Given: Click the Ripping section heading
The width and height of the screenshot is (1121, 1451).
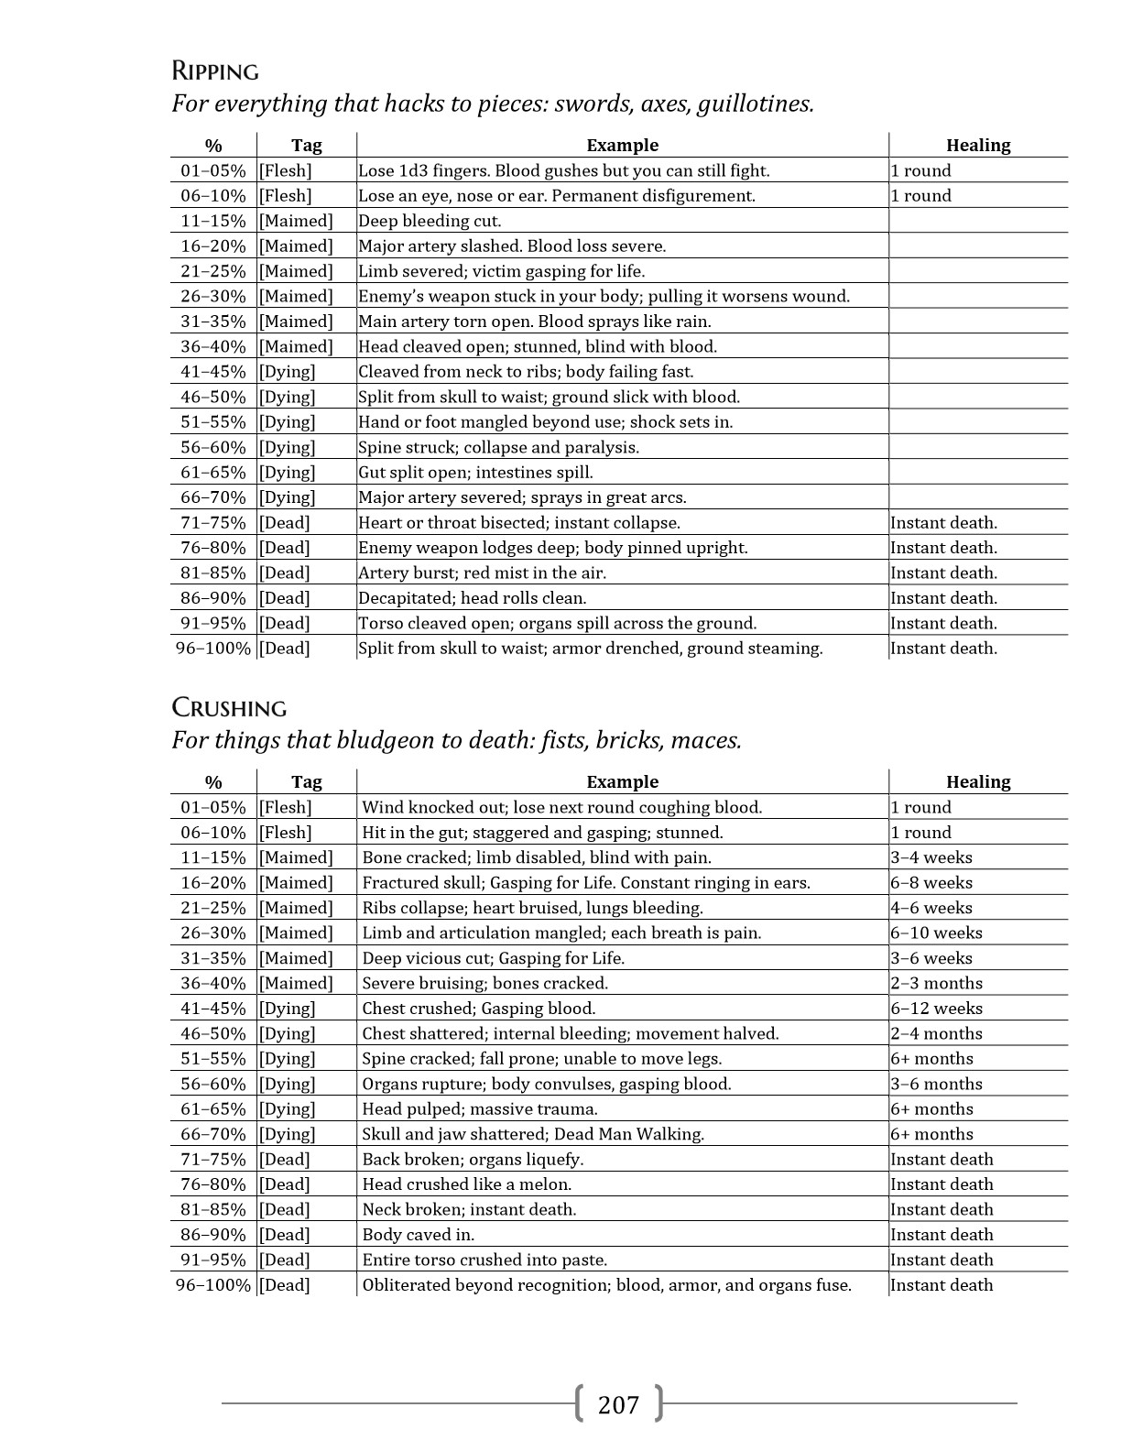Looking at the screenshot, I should (x=215, y=71).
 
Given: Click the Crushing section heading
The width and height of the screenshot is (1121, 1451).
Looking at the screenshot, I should (x=229, y=708).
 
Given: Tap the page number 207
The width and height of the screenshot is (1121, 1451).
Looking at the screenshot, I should (x=618, y=1404).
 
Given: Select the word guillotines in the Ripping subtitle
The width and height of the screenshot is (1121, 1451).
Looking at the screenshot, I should (x=755, y=104).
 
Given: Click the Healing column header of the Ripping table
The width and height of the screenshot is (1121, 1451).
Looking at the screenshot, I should (x=977, y=146).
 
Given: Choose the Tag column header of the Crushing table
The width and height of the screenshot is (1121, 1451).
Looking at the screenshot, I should (x=306, y=782).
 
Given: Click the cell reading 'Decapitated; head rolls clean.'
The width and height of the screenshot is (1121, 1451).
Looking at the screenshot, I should (x=472, y=598).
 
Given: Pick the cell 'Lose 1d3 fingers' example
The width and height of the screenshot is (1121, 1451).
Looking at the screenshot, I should (x=563, y=170).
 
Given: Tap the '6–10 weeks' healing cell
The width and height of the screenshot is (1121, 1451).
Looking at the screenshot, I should (x=936, y=933).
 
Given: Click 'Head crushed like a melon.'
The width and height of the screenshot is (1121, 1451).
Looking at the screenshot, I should (x=466, y=1184).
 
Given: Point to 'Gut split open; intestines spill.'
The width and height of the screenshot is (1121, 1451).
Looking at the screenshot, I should (x=475, y=473).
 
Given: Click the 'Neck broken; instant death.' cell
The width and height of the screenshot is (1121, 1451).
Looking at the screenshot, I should (x=469, y=1210).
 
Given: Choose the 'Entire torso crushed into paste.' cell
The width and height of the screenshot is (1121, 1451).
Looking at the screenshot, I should (x=484, y=1260).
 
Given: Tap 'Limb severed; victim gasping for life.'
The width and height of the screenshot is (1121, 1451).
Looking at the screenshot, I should (x=501, y=271).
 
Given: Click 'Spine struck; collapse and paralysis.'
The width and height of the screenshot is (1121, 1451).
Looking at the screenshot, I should (x=498, y=448).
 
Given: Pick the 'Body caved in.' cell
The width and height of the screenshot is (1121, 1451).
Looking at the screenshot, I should (x=418, y=1235).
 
